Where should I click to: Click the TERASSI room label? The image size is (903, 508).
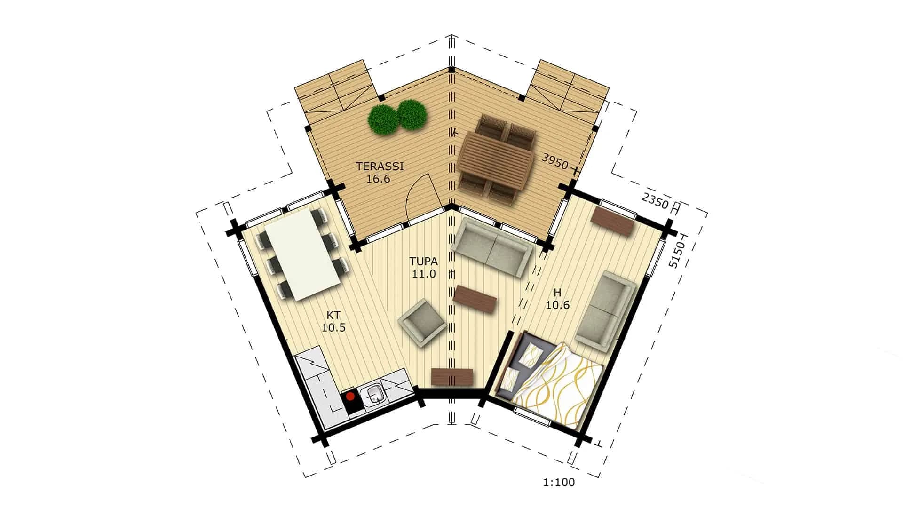[380, 166]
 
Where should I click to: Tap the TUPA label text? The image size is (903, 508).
[424, 262]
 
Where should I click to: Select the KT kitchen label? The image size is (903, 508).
[333, 316]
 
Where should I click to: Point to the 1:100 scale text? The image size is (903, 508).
[559, 482]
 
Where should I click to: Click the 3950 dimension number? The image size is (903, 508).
[555, 161]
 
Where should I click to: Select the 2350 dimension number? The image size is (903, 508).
[655, 201]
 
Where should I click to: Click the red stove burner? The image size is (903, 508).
[350, 397]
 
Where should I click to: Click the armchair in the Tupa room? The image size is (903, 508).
[421, 322]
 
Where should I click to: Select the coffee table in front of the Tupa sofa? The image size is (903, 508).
[475, 299]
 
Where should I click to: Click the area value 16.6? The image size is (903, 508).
[378, 179]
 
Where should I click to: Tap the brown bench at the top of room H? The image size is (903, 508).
[613, 221]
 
